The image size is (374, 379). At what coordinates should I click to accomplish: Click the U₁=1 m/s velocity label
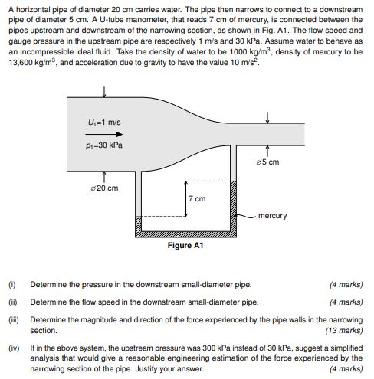coord(104,123)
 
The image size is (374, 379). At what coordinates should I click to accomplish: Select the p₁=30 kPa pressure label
coord(104,145)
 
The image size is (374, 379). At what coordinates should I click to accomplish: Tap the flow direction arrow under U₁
coord(104,134)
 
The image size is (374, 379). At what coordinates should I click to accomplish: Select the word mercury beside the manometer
coord(273,215)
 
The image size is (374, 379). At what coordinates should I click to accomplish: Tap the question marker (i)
coord(11,285)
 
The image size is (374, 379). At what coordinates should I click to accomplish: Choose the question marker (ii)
coord(12,302)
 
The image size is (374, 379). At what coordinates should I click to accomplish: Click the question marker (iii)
coord(13,319)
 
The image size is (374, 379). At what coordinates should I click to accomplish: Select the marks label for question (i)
coord(346,285)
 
